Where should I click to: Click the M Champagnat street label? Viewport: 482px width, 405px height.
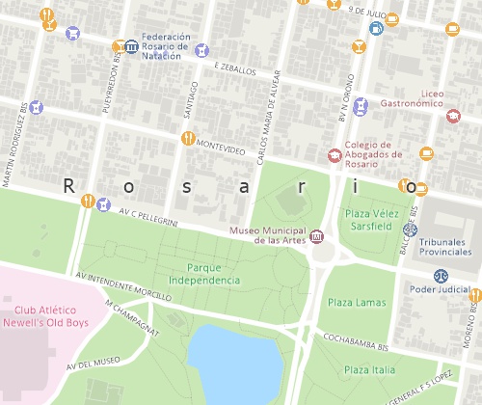[x=134, y=316]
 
